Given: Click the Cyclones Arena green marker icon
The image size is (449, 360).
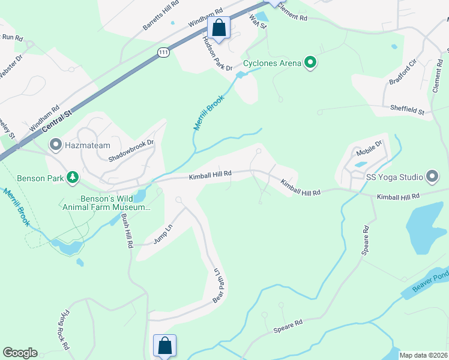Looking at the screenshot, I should tap(310, 62).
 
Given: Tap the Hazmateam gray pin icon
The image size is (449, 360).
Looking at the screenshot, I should tap(56, 145).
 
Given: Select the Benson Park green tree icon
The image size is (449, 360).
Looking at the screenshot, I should tap(73, 177).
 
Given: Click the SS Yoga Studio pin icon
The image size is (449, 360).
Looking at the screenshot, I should tap(432, 176).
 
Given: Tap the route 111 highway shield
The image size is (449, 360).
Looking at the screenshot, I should tap(163, 53).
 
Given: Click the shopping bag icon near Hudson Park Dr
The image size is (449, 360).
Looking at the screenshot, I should tap(218, 28).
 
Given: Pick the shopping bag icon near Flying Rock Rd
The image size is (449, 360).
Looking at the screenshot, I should tap(164, 346).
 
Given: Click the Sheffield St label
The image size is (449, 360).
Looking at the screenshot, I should tap(407, 110).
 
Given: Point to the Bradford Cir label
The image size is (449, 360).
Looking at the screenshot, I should tap(403, 73).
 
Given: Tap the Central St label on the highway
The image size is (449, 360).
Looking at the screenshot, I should tap(60, 119).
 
